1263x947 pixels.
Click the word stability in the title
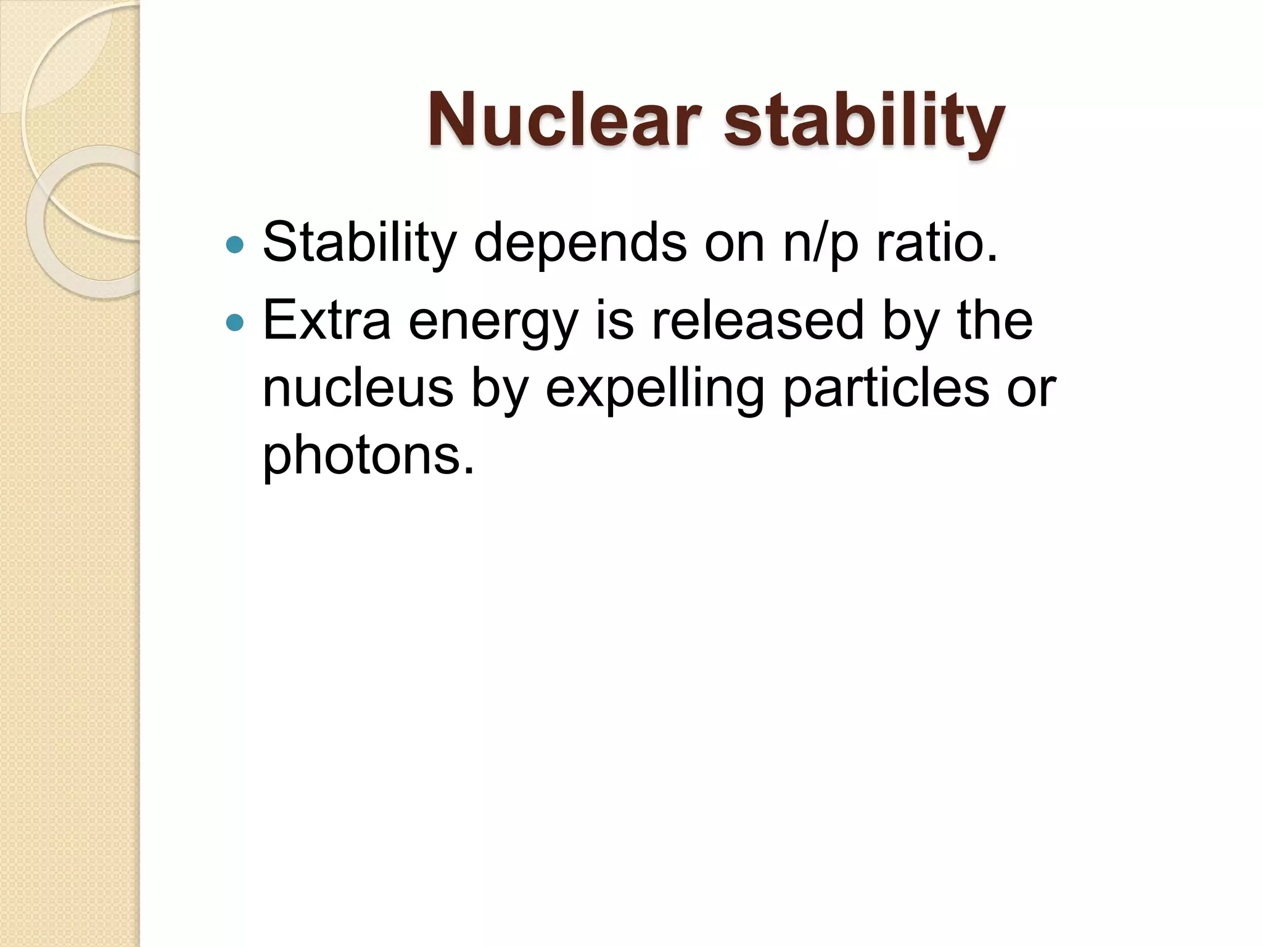tap(864, 120)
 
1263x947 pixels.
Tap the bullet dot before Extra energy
tap(235, 322)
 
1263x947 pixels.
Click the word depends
tap(580, 244)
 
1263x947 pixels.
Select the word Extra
tap(327, 320)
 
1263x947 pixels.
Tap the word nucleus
tap(358, 388)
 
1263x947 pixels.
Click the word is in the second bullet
tap(614, 320)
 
